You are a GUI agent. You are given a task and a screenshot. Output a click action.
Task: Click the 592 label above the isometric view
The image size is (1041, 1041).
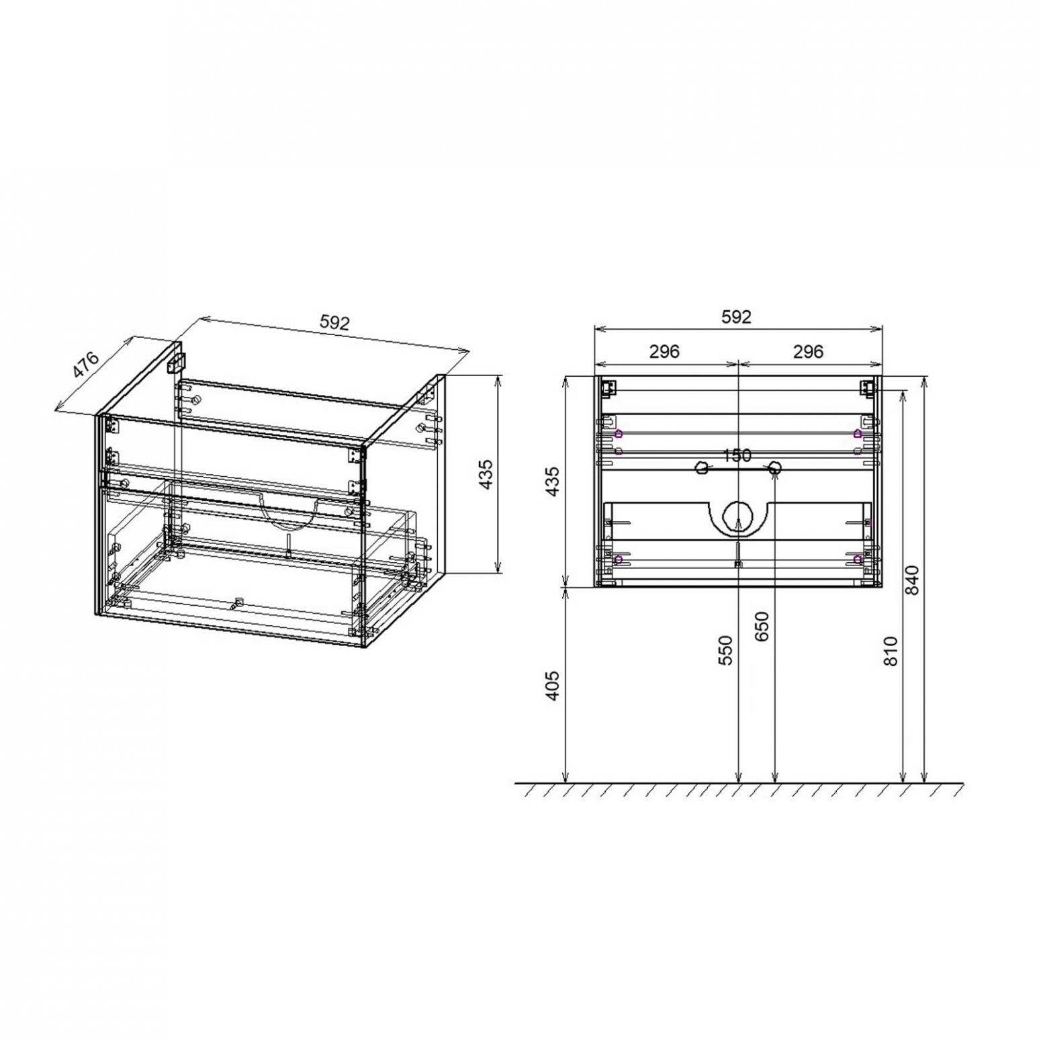coord(334,323)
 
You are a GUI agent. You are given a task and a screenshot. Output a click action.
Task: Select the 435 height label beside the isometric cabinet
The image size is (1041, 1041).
coord(486,474)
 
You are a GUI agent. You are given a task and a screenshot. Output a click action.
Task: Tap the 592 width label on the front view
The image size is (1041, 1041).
coord(736,317)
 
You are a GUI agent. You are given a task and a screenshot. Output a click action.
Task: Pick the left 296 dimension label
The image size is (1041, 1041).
coord(664,351)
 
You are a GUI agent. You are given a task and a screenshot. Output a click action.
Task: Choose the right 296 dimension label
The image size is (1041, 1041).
coord(808,351)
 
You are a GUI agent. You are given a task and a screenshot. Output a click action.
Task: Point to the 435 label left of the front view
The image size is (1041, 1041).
coord(552,482)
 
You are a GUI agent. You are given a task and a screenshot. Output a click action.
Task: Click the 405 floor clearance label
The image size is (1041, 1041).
coord(552,686)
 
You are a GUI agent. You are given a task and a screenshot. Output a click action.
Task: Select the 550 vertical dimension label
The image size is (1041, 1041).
coord(726,650)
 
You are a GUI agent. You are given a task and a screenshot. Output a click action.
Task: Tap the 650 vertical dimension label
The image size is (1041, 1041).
coord(762,627)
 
